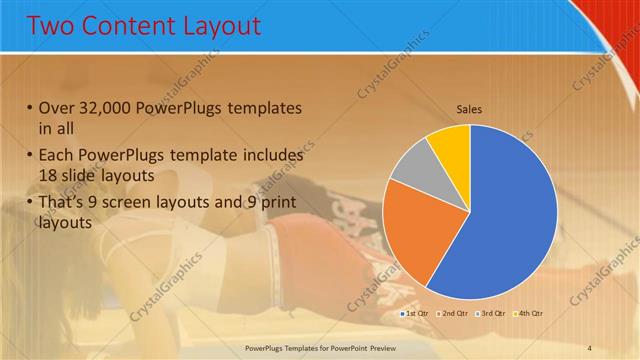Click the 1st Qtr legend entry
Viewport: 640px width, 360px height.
click(415, 314)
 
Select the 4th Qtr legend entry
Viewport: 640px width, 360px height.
click(528, 314)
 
